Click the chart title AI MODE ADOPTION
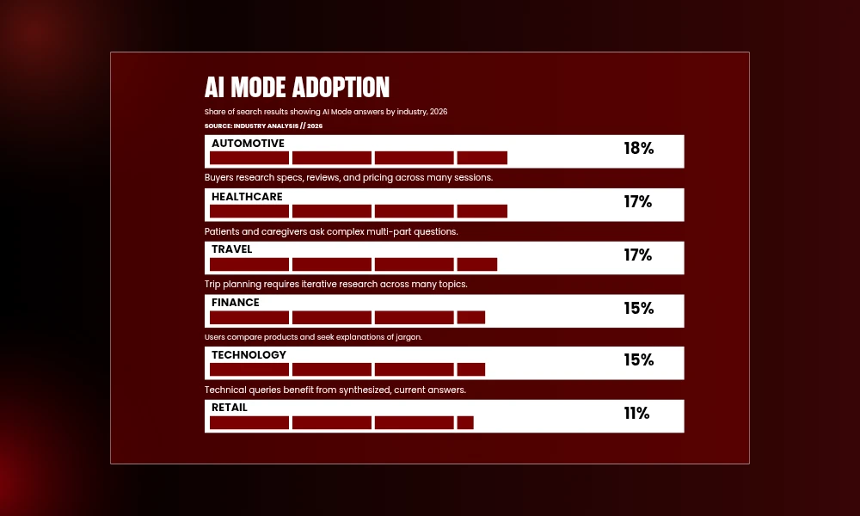(297, 88)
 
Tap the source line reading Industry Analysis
(263, 126)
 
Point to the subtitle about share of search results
(326, 112)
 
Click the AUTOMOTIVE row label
(248, 144)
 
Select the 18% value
(638, 149)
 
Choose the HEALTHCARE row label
(247, 197)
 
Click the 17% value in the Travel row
(638, 255)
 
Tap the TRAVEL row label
(232, 249)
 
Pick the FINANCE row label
(236, 303)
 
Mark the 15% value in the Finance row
(638, 309)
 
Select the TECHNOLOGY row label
(249, 355)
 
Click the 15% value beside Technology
(638, 360)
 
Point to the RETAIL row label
(229, 408)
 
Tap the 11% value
(636, 414)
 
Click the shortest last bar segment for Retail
(465, 422)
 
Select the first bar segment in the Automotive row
(249, 157)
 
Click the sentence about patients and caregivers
(331, 231)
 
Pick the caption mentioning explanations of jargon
(313, 337)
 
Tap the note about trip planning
(335, 284)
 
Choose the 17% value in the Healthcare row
(638, 202)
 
